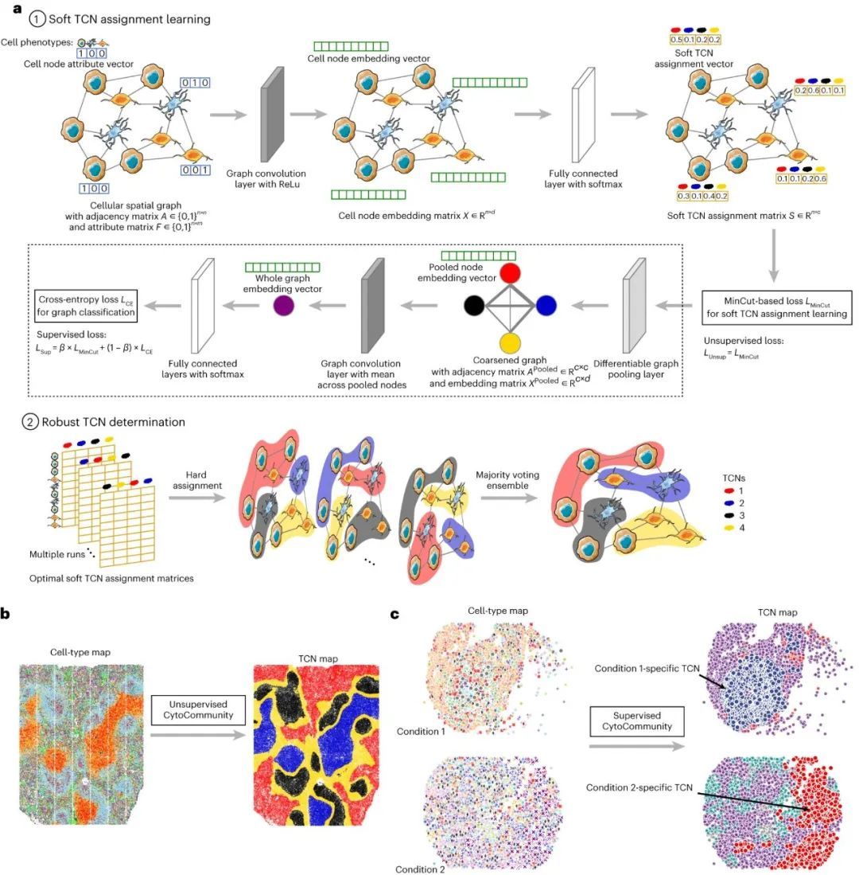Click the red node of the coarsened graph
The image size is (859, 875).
click(510, 272)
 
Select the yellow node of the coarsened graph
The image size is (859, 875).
click(510, 342)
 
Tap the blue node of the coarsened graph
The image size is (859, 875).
click(546, 306)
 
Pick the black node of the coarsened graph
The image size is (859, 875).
click(474, 306)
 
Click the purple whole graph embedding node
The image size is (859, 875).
click(282, 306)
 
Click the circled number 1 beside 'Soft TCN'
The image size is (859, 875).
click(33, 18)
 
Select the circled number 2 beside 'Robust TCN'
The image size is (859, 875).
click(33, 422)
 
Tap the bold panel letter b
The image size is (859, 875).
click(6, 614)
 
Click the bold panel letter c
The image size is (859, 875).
click(395, 614)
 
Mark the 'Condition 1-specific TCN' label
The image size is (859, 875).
click(647, 668)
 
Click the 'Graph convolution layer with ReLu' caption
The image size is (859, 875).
click(266, 178)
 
